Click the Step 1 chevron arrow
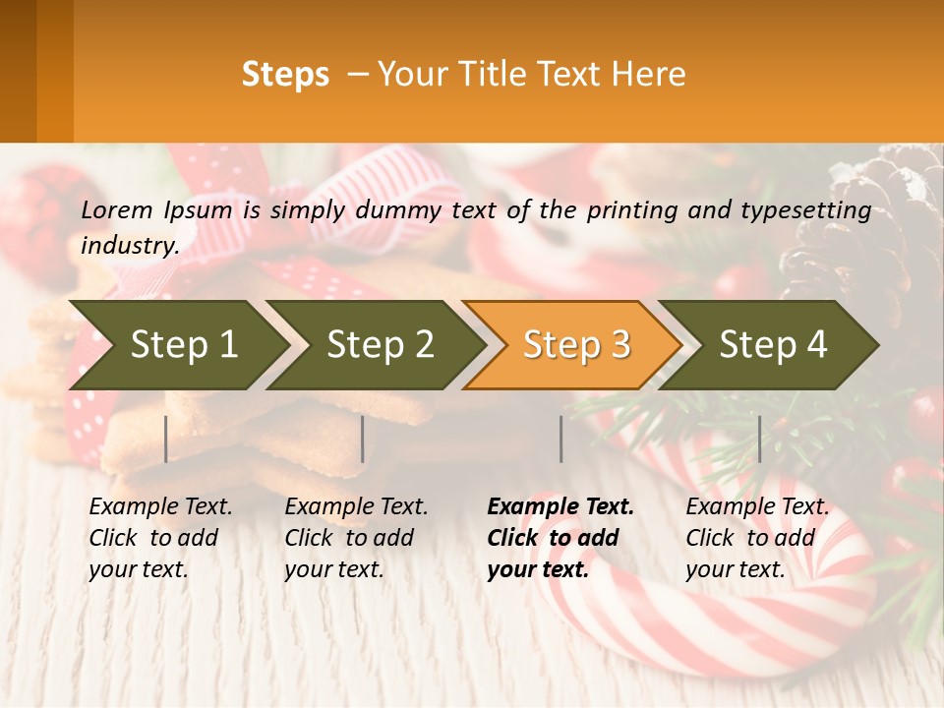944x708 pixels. click(183, 345)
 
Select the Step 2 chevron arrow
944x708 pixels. click(380, 345)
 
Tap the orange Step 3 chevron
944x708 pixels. click(576, 345)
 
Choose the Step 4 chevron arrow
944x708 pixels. click(773, 345)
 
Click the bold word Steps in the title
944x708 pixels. click(285, 75)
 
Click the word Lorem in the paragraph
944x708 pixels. click(116, 209)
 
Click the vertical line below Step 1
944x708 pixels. click(166, 439)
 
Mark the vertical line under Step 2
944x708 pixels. click(363, 439)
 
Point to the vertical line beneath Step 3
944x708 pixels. click(561, 439)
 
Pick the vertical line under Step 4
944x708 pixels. click(760, 439)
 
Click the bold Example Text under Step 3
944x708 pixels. click(560, 507)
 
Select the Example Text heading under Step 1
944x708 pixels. click(160, 507)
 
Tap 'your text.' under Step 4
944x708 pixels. click(735, 569)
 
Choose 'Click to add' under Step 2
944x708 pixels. click(348, 538)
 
